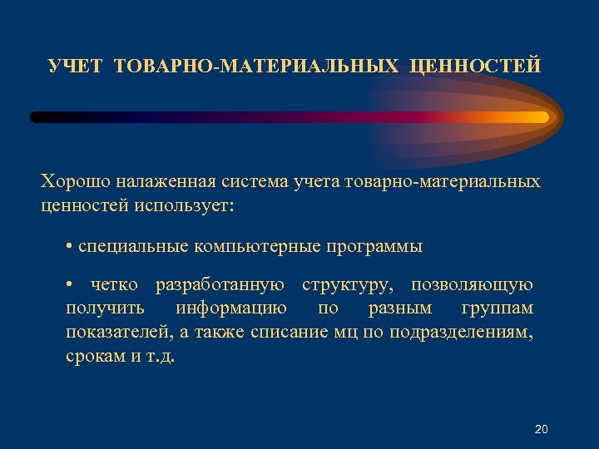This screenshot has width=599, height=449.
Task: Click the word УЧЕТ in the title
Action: pos(77,66)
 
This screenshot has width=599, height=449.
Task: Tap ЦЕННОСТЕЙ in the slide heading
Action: pos(475,66)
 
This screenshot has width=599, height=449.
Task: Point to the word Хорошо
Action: pos(73,181)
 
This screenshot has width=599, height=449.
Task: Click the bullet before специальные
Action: pos(69,247)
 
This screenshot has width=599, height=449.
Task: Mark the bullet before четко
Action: pos(69,286)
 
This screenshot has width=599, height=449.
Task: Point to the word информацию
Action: pos(232,309)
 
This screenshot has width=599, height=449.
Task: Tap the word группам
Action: pos(496,309)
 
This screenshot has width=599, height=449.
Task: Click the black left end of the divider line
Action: pos(37,117)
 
